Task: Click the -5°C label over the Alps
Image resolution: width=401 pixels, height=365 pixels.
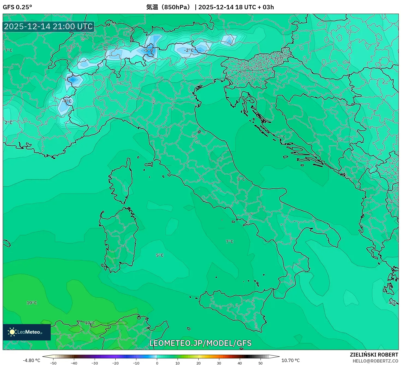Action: point(149,50)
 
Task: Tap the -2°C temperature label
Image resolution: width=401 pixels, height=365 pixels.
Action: point(189,50)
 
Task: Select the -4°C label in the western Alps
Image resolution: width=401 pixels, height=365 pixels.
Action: point(67,101)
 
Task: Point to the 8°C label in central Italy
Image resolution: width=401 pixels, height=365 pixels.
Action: point(241,179)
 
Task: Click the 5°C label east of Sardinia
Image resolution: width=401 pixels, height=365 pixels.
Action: point(160,255)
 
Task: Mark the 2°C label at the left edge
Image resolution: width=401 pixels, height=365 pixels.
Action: point(9,122)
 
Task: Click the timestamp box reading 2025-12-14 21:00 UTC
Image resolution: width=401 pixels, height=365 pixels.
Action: point(49,27)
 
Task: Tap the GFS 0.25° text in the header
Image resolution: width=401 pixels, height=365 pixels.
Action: point(17,7)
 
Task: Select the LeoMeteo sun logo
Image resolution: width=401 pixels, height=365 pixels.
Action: point(12,332)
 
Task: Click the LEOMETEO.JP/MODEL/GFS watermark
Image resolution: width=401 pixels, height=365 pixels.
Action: point(200,343)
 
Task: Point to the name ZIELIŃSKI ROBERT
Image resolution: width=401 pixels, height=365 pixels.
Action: point(374,355)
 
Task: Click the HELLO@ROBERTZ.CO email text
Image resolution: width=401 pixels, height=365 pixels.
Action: point(375,361)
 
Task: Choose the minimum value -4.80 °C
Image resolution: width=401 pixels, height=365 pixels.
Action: point(31,360)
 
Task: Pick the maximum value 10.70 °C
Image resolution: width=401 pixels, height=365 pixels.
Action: point(291,360)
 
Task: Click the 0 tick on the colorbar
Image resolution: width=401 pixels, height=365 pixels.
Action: point(157,363)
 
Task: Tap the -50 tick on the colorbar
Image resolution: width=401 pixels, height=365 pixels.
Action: point(53,363)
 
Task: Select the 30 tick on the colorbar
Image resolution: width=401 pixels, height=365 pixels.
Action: point(219,363)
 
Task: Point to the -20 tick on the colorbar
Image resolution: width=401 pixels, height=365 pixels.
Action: point(115,363)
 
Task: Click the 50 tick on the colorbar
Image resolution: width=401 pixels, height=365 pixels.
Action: point(261,363)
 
